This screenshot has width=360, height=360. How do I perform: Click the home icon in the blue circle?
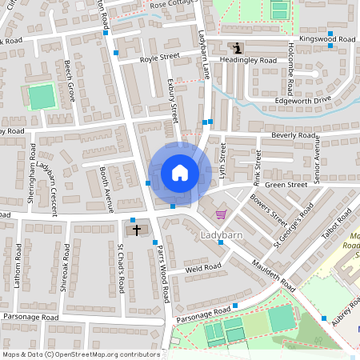(x=180, y=173)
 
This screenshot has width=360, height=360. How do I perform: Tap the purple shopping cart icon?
(x=221, y=214)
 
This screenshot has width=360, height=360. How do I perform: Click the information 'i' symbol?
(x=235, y=48)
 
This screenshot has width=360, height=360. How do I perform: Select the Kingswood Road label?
(x=327, y=38)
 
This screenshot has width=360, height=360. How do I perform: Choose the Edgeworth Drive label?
(x=302, y=100)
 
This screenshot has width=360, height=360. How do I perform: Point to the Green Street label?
(x=286, y=186)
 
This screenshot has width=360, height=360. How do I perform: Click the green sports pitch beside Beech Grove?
(x=40, y=97)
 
